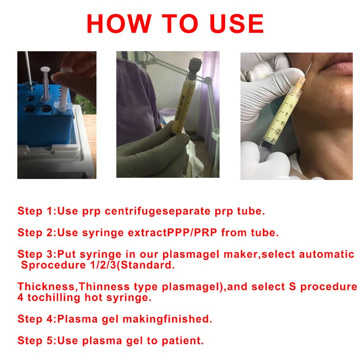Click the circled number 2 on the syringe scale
pos(279,132)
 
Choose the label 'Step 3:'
pos(37,255)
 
